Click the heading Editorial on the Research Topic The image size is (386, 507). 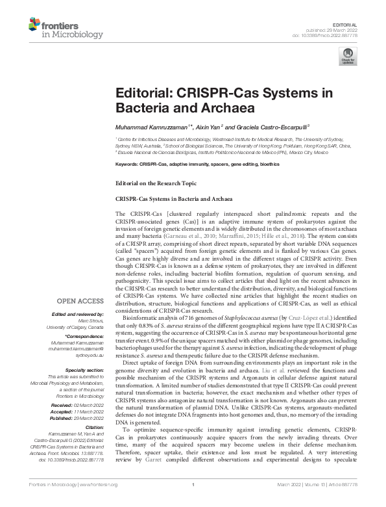[x=156, y=185]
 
